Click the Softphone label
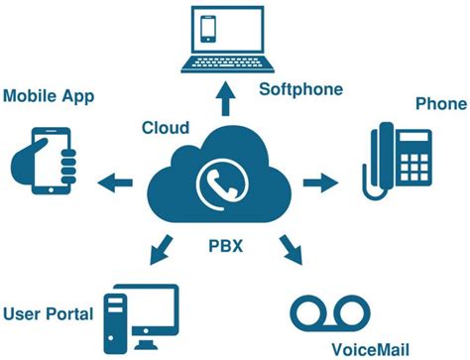tap(300, 89)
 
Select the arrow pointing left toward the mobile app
tap(116, 180)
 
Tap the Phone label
tap(439, 102)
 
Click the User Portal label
tap(48, 313)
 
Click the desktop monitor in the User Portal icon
tap(149, 307)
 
